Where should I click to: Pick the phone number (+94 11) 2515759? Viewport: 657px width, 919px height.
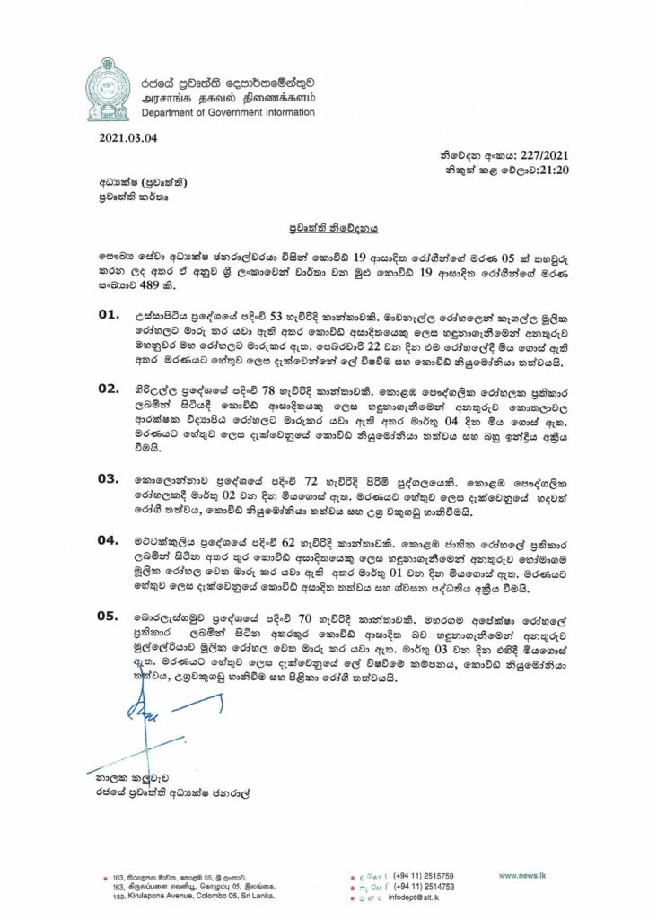(x=423, y=875)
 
